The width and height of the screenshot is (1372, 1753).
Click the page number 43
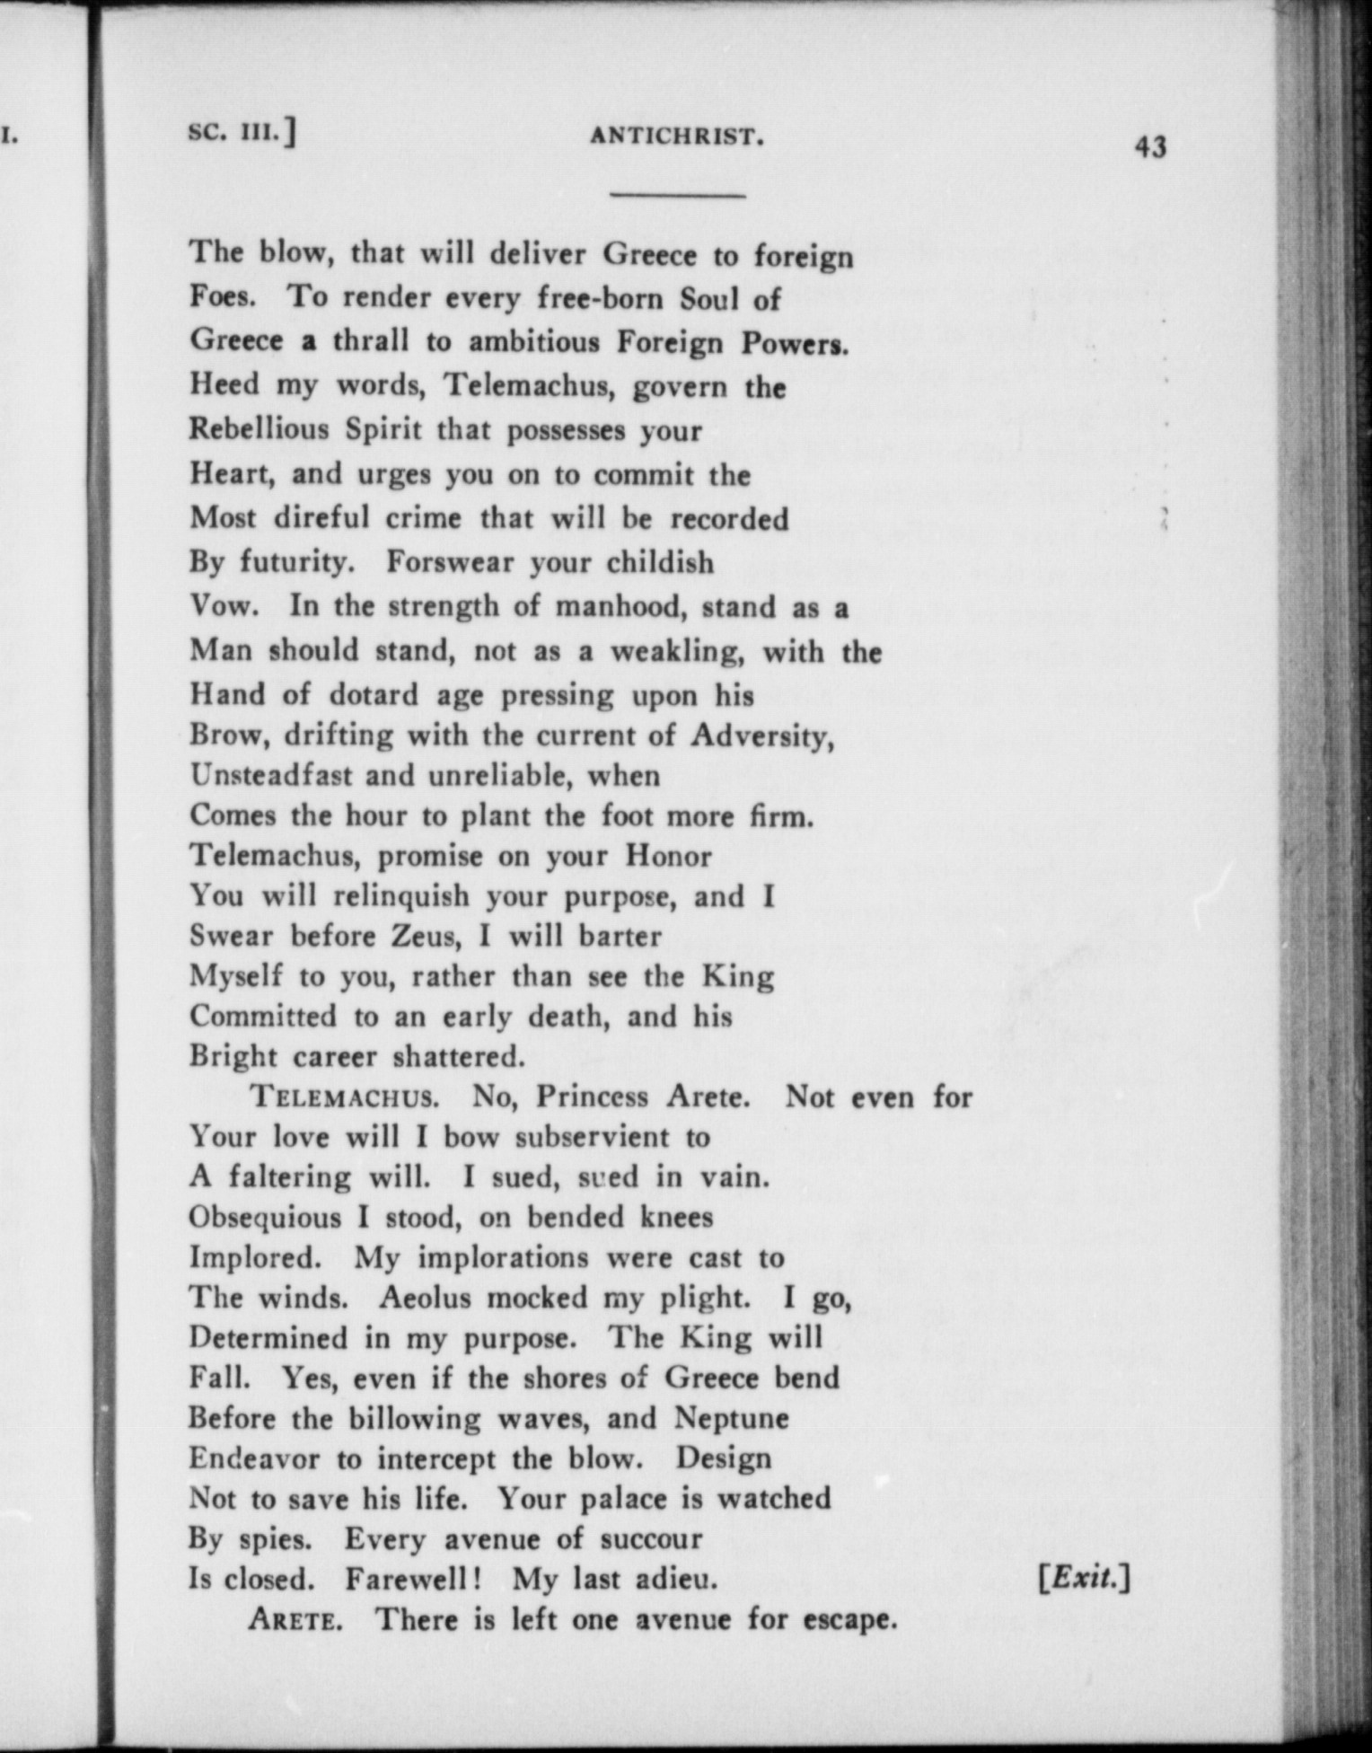tap(1150, 146)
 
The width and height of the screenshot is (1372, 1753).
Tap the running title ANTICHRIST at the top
tap(677, 137)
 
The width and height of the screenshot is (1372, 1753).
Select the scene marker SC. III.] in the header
tap(242, 133)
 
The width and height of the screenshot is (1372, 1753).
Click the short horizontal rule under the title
tap(678, 195)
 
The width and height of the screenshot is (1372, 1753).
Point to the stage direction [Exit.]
tap(1084, 1578)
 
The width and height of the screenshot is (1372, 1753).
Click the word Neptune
tap(732, 1418)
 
